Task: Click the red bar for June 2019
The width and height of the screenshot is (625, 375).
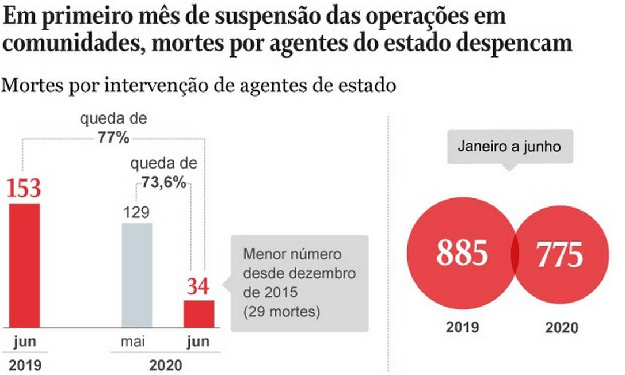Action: click(25, 265)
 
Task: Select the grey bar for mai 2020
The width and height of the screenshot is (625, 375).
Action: click(137, 275)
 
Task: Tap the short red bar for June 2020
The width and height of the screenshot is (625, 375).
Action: click(199, 313)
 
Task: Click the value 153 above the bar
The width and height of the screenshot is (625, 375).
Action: click(24, 189)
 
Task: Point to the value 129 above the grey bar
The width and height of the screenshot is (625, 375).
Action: click(136, 212)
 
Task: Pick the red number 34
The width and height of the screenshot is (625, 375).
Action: click(199, 287)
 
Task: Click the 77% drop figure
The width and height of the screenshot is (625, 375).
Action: click(113, 138)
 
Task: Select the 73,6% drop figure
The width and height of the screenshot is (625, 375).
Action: click(164, 183)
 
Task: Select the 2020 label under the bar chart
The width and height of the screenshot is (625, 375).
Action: click(166, 365)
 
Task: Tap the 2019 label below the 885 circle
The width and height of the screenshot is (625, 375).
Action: click(463, 327)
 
